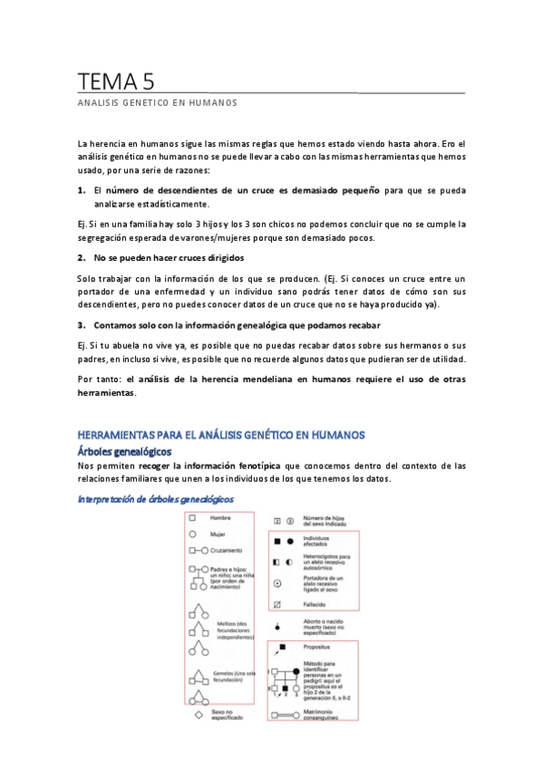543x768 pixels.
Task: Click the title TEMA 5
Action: (115, 82)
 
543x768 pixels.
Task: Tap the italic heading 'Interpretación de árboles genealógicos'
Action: (156, 499)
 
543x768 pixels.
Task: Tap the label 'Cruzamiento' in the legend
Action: (228, 551)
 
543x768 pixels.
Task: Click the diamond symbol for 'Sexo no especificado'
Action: (193, 715)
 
